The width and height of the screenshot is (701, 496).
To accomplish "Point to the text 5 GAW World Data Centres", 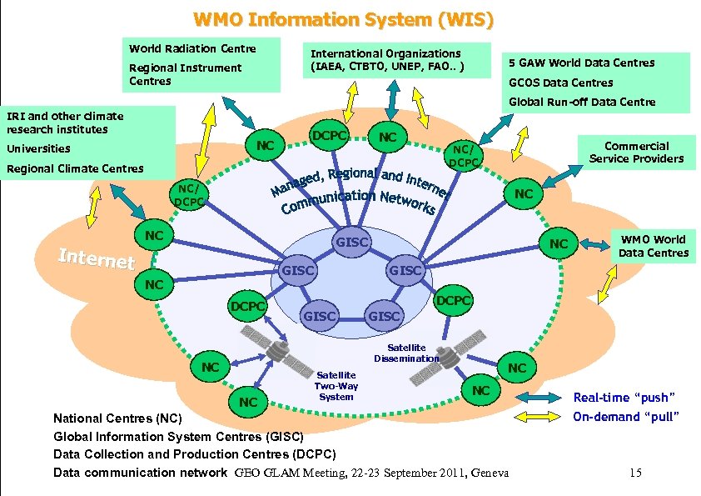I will [x=581, y=63].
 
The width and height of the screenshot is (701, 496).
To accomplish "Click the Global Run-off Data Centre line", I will [x=582, y=102].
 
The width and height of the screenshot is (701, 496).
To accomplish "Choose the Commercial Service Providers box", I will [x=636, y=152].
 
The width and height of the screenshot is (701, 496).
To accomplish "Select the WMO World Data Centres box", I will [x=653, y=246].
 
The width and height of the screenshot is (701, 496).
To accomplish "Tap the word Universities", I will [x=38, y=148].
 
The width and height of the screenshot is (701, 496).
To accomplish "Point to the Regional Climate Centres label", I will [x=75, y=168].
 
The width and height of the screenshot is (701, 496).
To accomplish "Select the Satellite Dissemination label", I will [x=405, y=353].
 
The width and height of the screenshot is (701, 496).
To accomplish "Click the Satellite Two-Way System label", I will [x=336, y=385].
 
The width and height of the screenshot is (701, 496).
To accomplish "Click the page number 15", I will [x=635, y=473].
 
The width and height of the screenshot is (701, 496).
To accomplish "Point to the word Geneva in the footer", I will [x=490, y=473].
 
